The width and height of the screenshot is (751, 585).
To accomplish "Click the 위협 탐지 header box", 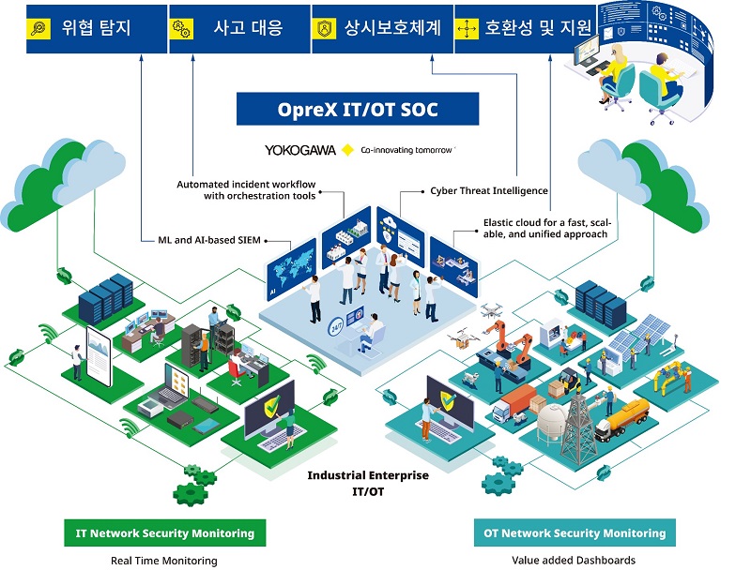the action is [97, 29].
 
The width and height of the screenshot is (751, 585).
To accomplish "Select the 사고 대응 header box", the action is [239, 29].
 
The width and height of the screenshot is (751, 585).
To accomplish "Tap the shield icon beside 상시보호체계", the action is [324, 28].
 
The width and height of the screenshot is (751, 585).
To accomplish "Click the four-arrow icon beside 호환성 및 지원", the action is [467, 29].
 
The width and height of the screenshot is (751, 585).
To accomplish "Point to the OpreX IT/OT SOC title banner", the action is [358, 109].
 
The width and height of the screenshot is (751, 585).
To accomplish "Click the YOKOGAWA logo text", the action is [300, 150].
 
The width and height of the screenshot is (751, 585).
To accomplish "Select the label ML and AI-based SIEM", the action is [209, 240].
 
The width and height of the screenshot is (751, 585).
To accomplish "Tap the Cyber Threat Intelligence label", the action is [489, 191].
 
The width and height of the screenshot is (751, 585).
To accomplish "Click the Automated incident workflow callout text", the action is [246, 190].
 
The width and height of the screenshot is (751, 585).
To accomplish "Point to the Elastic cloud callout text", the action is [547, 228].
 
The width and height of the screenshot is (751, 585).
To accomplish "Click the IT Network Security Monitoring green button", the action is [165, 532].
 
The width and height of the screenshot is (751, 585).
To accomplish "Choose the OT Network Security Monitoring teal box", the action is [575, 532].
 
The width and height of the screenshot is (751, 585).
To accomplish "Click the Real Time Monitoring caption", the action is [163, 561].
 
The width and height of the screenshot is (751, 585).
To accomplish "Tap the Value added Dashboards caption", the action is [574, 560].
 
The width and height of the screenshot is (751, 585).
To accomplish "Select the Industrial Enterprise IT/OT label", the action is [368, 483].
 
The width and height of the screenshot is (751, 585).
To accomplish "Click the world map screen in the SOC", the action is [291, 269].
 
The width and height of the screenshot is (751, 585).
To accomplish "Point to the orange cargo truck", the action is [514, 403].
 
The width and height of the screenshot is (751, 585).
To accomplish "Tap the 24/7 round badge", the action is [336, 327].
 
